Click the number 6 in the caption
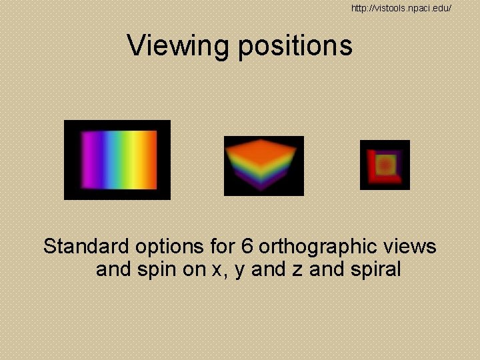247,247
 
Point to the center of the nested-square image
385,165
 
